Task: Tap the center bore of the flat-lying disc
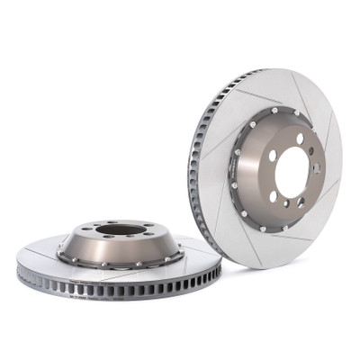pyautogui.click(x=118, y=232)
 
